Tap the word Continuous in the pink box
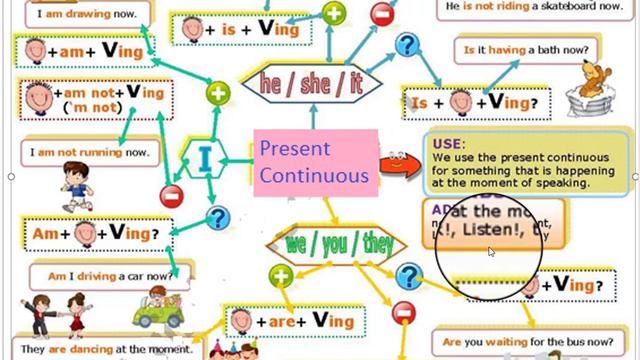point(313,176)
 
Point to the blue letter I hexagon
point(205,159)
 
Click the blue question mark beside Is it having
point(405,45)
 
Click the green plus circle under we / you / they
point(282,277)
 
